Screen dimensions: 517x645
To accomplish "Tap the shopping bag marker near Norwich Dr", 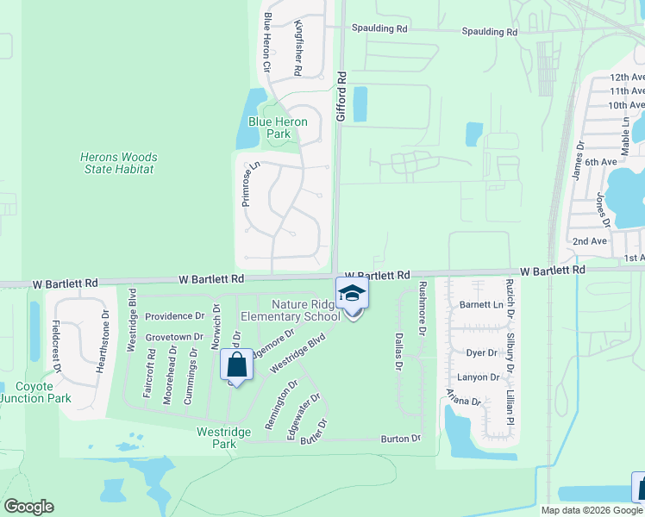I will pyautogui.click(x=236, y=364).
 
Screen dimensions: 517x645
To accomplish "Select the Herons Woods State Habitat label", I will pyautogui.click(x=118, y=163).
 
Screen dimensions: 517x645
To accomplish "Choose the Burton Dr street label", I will pyautogui.click(x=401, y=439).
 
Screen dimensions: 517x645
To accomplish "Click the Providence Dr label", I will pyautogui.click(x=175, y=317).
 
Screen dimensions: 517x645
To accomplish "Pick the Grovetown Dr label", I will pyautogui.click(x=174, y=336).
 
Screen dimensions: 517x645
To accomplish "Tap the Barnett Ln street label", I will pyautogui.click(x=481, y=304).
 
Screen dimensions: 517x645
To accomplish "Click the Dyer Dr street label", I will pyautogui.click(x=481, y=353).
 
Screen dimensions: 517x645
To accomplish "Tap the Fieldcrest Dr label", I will pyautogui.click(x=56, y=346).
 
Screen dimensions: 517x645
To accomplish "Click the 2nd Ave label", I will pyautogui.click(x=591, y=241).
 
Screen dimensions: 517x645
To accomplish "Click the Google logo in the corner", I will pyautogui.click(x=28, y=507).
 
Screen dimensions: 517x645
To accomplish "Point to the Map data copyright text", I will pyautogui.click(x=592, y=510).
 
